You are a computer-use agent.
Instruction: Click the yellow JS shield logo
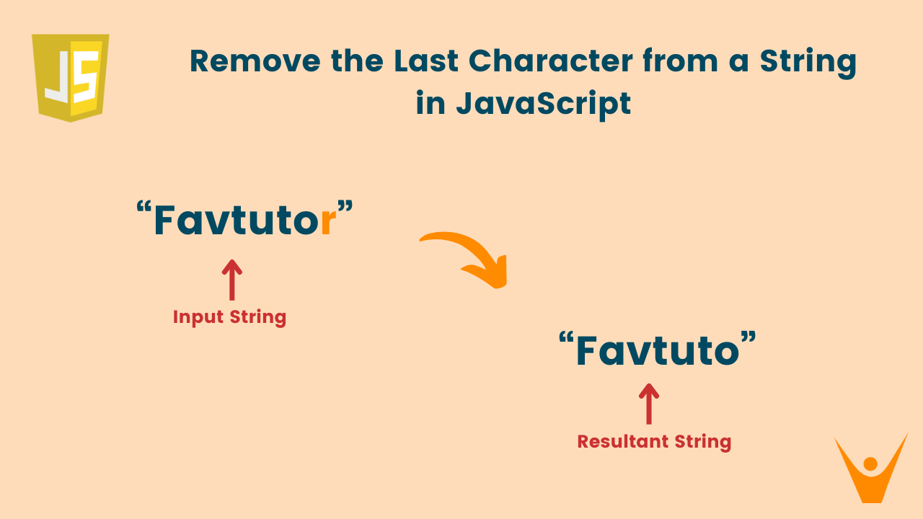coord(70,77)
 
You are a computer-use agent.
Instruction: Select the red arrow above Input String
coord(231,280)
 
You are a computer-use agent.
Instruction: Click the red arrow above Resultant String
coord(649,404)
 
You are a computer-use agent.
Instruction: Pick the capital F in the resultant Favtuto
coord(588,350)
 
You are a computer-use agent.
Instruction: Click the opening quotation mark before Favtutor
coord(143,209)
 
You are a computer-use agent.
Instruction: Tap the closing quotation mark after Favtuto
coord(750,339)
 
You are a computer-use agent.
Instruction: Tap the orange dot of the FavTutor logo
coord(870,463)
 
